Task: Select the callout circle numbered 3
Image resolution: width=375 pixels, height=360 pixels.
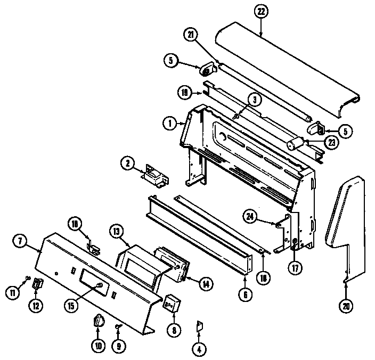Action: [255, 99]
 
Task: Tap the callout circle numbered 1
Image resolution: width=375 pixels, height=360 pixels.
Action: [169, 124]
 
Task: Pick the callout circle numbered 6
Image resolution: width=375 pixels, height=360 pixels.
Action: [244, 293]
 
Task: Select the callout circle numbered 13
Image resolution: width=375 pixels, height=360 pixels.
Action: [117, 231]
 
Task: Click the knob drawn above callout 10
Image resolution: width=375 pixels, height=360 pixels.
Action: [97, 322]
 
